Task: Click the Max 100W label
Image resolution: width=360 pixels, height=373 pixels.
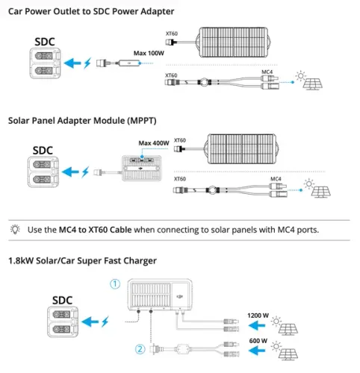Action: pyautogui.click(x=149, y=53)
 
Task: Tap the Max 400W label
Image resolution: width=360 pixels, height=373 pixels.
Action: pyautogui.click(x=154, y=143)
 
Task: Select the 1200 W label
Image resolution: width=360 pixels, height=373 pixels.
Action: pyautogui.click(x=258, y=316)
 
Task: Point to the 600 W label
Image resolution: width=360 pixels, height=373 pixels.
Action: pyautogui.click(x=258, y=341)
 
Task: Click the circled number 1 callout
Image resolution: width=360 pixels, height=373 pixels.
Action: pyautogui.click(x=115, y=284)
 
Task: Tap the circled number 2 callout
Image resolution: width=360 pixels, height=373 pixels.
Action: pyautogui.click(x=140, y=349)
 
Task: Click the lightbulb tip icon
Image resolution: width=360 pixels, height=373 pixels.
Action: pyautogui.click(x=15, y=229)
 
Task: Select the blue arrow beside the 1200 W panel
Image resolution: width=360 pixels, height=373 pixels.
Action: pyautogui.click(x=257, y=325)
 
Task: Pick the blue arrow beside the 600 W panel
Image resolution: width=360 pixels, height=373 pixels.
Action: pyautogui.click(x=257, y=351)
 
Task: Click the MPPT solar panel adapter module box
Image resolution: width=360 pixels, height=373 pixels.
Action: pyautogui.click(x=142, y=168)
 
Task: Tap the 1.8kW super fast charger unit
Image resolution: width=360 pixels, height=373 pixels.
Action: pyautogui.click(x=160, y=295)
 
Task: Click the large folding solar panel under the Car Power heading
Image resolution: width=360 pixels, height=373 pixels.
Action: pyautogui.click(x=233, y=43)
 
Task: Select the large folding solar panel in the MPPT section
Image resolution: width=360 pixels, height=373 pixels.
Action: pyautogui.click(x=241, y=149)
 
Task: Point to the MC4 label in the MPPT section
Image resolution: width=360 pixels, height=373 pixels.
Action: pyautogui.click(x=276, y=179)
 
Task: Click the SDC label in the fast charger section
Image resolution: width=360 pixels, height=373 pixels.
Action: pyautogui.click(x=62, y=301)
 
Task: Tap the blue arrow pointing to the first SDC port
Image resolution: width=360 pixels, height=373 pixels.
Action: pyautogui.click(x=72, y=63)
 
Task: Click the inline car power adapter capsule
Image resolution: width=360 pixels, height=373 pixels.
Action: pyautogui.click(x=128, y=63)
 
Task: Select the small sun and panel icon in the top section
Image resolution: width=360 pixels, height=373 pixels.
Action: pyautogui.click(x=308, y=81)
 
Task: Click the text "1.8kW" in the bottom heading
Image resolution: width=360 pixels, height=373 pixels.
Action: pyautogui.click(x=21, y=261)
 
